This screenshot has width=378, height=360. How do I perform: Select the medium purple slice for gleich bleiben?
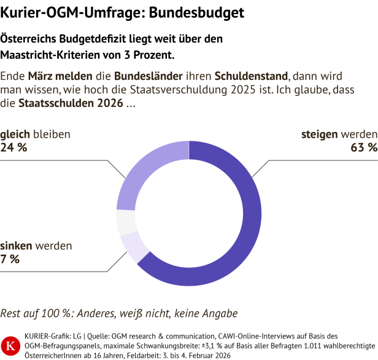[x=138, y=175]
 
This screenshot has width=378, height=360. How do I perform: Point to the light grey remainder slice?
[x=126, y=222]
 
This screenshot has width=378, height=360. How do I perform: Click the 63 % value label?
[x=363, y=147]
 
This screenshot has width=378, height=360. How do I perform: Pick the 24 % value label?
[x=13, y=147]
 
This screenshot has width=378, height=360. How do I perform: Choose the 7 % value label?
[x=10, y=259]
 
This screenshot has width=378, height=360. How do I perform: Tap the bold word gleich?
[x=15, y=134]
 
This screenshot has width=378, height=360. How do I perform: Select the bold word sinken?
[x=16, y=246]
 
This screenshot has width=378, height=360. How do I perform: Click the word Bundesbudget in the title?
[x=196, y=12]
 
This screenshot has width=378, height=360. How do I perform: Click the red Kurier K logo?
[x=10, y=344]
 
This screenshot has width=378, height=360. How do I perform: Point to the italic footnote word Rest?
[x=11, y=313]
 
